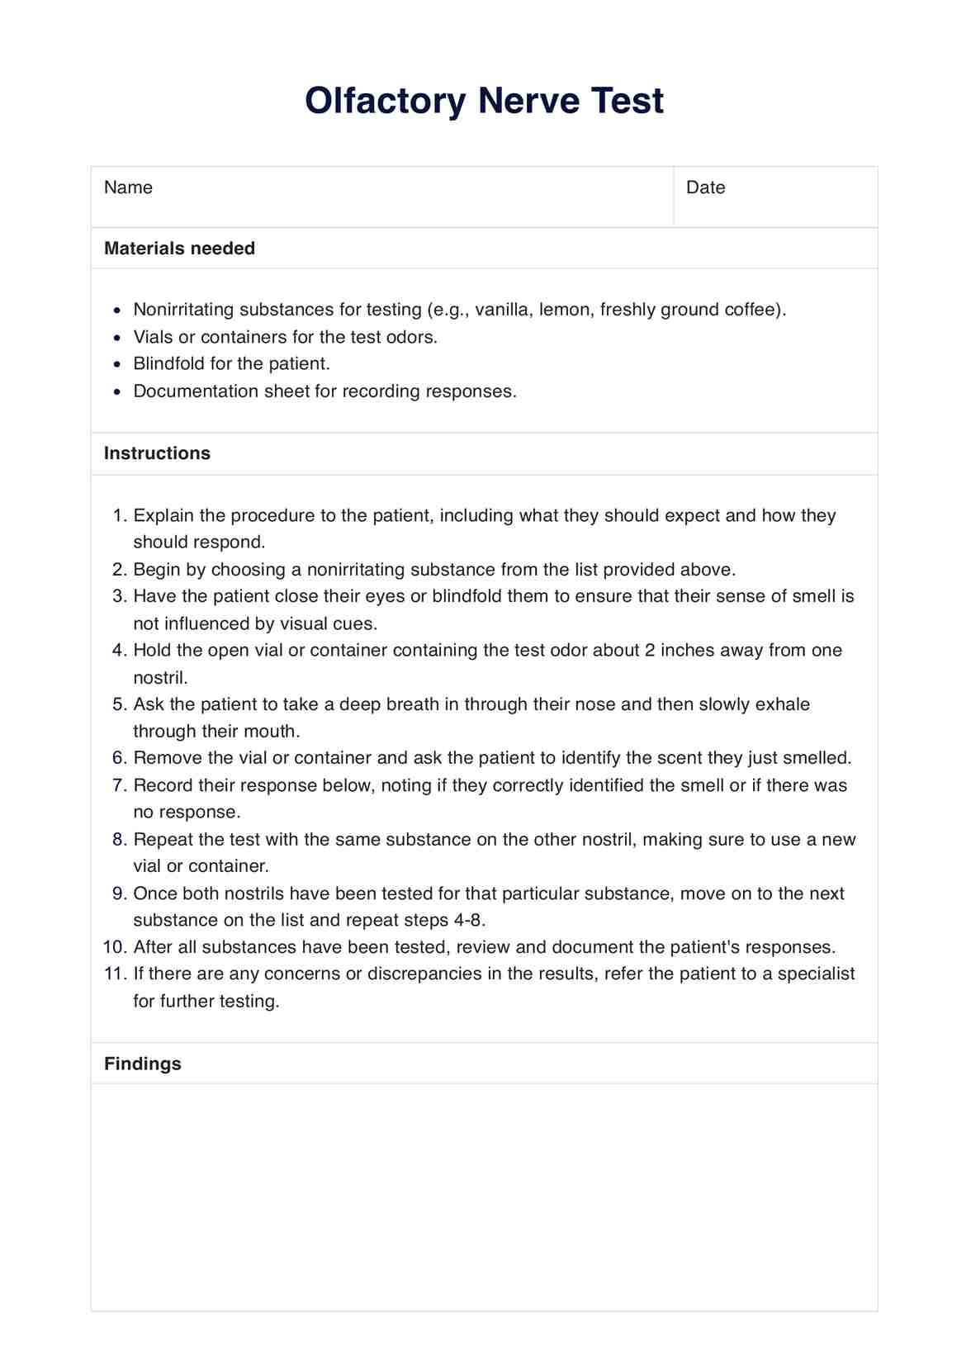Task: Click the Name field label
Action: (x=128, y=187)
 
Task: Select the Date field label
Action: (x=705, y=187)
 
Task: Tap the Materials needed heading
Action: (x=179, y=249)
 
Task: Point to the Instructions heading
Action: (x=157, y=453)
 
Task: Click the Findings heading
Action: (x=142, y=1064)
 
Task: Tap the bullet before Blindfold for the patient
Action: (x=118, y=364)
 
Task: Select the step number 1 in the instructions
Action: (x=118, y=516)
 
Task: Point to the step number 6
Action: (x=118, y=758)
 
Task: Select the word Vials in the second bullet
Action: (x=154, y=337)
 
